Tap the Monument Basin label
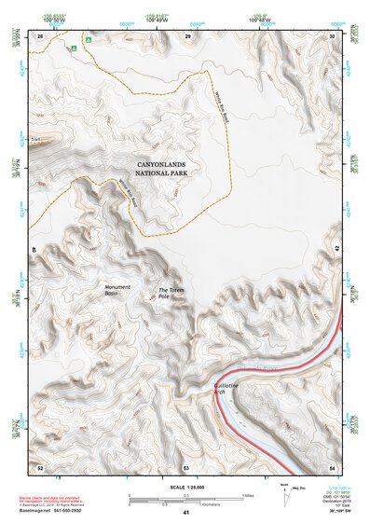117,290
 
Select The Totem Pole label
171,292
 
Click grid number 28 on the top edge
40,35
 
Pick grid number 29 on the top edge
187,35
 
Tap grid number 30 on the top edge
332,35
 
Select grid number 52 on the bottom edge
40,464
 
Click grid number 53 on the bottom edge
186,464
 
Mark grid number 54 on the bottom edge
332,464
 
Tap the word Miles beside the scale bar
249,495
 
